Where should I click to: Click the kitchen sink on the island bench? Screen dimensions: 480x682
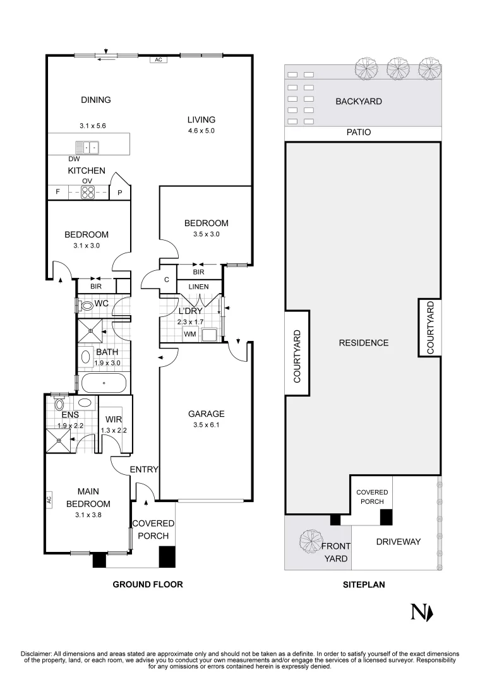pos(87,148)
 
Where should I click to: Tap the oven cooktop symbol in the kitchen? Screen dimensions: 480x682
pos(88,192)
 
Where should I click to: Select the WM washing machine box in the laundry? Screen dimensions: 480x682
pos(190,334)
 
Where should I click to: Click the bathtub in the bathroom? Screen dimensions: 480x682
pos(104,383)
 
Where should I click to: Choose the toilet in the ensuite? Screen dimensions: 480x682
pos(59,405)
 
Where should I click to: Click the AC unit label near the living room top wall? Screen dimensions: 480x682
pos(159,59)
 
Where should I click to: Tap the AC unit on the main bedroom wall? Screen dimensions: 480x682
pos(49,500)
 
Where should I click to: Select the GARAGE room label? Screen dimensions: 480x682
pos(207,414)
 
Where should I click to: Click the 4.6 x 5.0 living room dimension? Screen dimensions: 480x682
pos(201,131)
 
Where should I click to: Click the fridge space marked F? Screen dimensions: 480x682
pos(58,191)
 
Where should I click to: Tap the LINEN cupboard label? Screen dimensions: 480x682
pos(198,287)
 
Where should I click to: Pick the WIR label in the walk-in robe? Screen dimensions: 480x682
pos(114,420)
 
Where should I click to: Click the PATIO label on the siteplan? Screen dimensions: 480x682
pos(359,132)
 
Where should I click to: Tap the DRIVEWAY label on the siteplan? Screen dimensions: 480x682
pos(398,542)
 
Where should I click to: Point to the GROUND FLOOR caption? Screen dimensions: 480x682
pos(148,585)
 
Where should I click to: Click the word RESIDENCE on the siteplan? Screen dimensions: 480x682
pos(364,343)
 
